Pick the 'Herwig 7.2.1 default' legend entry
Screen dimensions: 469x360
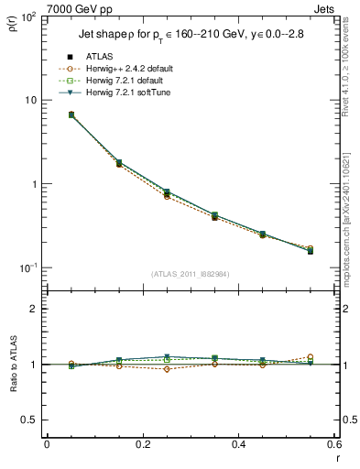pyautogui.click(x=126, y=81)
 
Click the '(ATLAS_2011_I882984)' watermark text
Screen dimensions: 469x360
pyautogui.click(x=190, y=274)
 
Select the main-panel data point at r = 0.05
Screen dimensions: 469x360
pyautogui.click(x=71, y=115)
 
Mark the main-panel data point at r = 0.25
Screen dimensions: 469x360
pyautogui.click(x=167, y=193)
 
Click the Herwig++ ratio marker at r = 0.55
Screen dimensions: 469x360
pyautogui.click(x=310, y=357)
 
